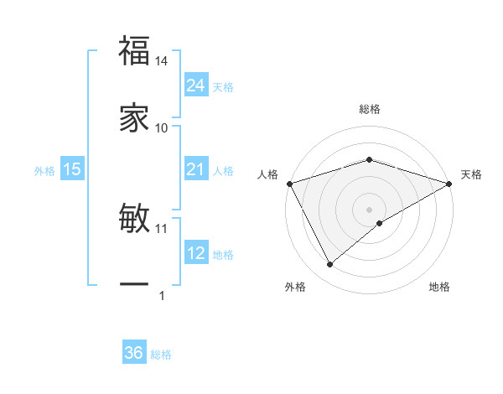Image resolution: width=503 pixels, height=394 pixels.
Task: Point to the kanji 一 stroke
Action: tap(135, 285)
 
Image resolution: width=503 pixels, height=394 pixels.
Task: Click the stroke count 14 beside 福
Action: tap(162, 61)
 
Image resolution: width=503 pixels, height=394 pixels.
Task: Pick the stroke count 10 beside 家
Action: tap(162, 127)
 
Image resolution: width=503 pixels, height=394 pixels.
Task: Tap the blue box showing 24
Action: tap(195, 86)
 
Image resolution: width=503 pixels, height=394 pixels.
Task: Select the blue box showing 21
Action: tap(195, 170)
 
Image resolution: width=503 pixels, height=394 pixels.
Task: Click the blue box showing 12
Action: tap(195, 254)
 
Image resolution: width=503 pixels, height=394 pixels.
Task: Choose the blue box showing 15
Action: tap(72, 170)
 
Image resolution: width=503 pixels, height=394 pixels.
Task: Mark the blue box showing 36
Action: tap(134, 354)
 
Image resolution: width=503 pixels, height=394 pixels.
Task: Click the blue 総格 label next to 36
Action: tap(161, 355)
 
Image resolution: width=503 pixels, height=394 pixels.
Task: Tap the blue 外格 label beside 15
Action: tap(44, 171)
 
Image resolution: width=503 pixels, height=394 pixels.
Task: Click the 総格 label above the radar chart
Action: tap(369, 109)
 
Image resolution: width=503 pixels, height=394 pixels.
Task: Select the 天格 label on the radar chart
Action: tap(471, 174)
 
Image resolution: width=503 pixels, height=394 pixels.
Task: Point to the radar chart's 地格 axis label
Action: tap(439, 287)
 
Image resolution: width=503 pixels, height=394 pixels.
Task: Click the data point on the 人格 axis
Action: tap(289, 183)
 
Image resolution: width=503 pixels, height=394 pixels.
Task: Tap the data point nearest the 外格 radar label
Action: tap(329, 265)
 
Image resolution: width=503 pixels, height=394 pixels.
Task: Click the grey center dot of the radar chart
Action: tap(369, 209)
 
